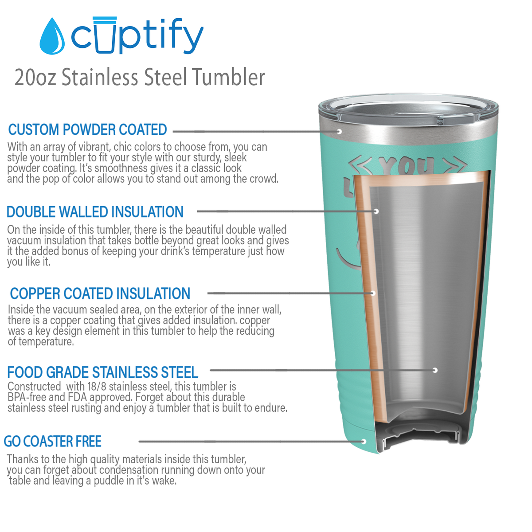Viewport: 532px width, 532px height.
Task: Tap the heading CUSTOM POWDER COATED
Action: [x=87, y=129]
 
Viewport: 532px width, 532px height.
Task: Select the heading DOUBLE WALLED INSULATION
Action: [x=95, y=212]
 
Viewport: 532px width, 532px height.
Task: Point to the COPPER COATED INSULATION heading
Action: [x=100, y=293]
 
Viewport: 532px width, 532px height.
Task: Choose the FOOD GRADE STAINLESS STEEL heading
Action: [x=102, y=372]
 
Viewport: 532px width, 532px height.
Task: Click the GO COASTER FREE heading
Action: [x=53, y=442]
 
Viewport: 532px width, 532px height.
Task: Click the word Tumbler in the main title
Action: [x=228, y=77]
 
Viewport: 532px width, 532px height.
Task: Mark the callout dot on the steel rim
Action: [x=339, y=132]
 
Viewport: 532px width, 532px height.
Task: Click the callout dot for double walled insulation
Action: [x=376, y=211]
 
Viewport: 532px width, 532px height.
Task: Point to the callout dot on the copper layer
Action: [x=373, y=293]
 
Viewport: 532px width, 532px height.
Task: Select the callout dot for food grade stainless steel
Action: [x=435, y=370]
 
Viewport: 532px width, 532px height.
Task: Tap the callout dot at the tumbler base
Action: [x=364, y=441]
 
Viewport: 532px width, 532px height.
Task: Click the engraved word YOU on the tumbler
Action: [x=407, y=166]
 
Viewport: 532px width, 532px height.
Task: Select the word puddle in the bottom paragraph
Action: [x=108, y=481]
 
